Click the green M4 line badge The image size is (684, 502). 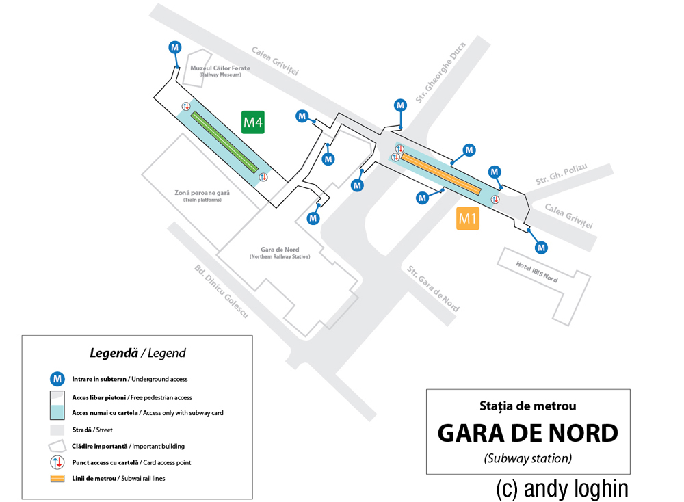[x=253, y=122]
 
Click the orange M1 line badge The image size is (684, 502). [x=468, y=219]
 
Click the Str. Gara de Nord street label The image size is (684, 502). [x=433, y=288]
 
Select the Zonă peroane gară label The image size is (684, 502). [x=202, y=194]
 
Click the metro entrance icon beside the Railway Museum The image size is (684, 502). [x=175, y=47]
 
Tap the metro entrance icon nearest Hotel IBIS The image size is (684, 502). [x=541, y=248]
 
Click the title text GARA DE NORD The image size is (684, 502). [x=527, y=433]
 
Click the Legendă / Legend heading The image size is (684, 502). [x=137, y=354]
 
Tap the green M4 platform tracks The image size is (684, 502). [x=224, y=142]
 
